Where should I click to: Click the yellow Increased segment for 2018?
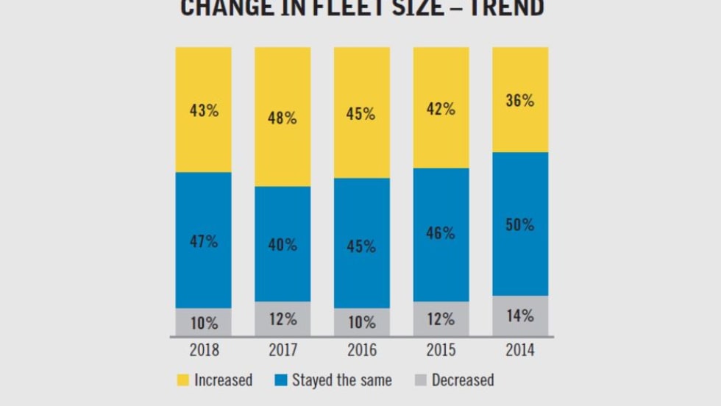coord(203,110)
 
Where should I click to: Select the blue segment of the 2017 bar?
coord(283,244)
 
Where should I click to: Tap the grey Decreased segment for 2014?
coord(520,316)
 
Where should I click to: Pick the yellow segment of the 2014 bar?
coord(520,100)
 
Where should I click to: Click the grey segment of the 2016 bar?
coord(361,322)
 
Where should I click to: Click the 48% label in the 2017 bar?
coord(283,118)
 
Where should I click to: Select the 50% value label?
coord(520,225)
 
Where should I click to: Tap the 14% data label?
coord(520,316)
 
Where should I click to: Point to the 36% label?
coord(520,101)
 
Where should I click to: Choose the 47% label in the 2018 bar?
coord(203,241)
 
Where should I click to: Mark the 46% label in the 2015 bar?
coord(441,234)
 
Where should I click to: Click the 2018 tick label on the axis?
coord(204,350)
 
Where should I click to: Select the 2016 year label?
coord(361,350)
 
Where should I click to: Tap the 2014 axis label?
coord(520,350)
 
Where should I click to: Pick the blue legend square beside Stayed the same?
coord(280,380)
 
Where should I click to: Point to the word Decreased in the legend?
coord(463,380)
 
